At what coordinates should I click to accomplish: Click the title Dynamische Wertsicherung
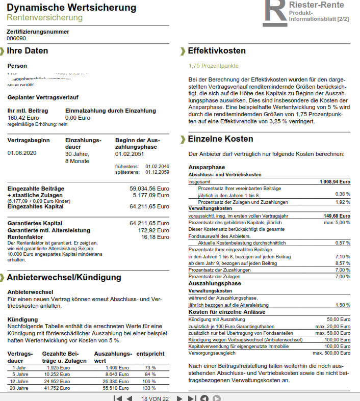pyautogui.click(x=71, y=8)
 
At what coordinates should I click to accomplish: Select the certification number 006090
pyautogui.click(x=16, y=38)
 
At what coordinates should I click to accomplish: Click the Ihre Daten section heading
pyautogui.click(x=28, y=51)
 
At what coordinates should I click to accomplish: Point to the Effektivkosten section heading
pyautogui.click(x=217, y=51)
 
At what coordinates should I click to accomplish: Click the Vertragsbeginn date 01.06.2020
pyautogui.click(x=22, y=153)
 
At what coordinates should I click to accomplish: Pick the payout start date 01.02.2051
pyautogui.click(x=131, y=153)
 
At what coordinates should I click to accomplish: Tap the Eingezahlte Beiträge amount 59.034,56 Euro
pyautogui.click(x=149, y=189)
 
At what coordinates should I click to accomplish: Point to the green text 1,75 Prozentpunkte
pyautogui.click(x=213, y=66)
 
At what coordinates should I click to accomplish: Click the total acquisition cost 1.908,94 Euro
pyautogui.click(x=335, y=181)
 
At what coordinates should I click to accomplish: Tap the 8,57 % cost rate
pyautogui.click(x=343, y=263)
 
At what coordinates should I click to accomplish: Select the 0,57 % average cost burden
pyautogui.click(x=343, y=243)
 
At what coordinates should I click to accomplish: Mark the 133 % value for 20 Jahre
pyautogui.click(x=150, y=388)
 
